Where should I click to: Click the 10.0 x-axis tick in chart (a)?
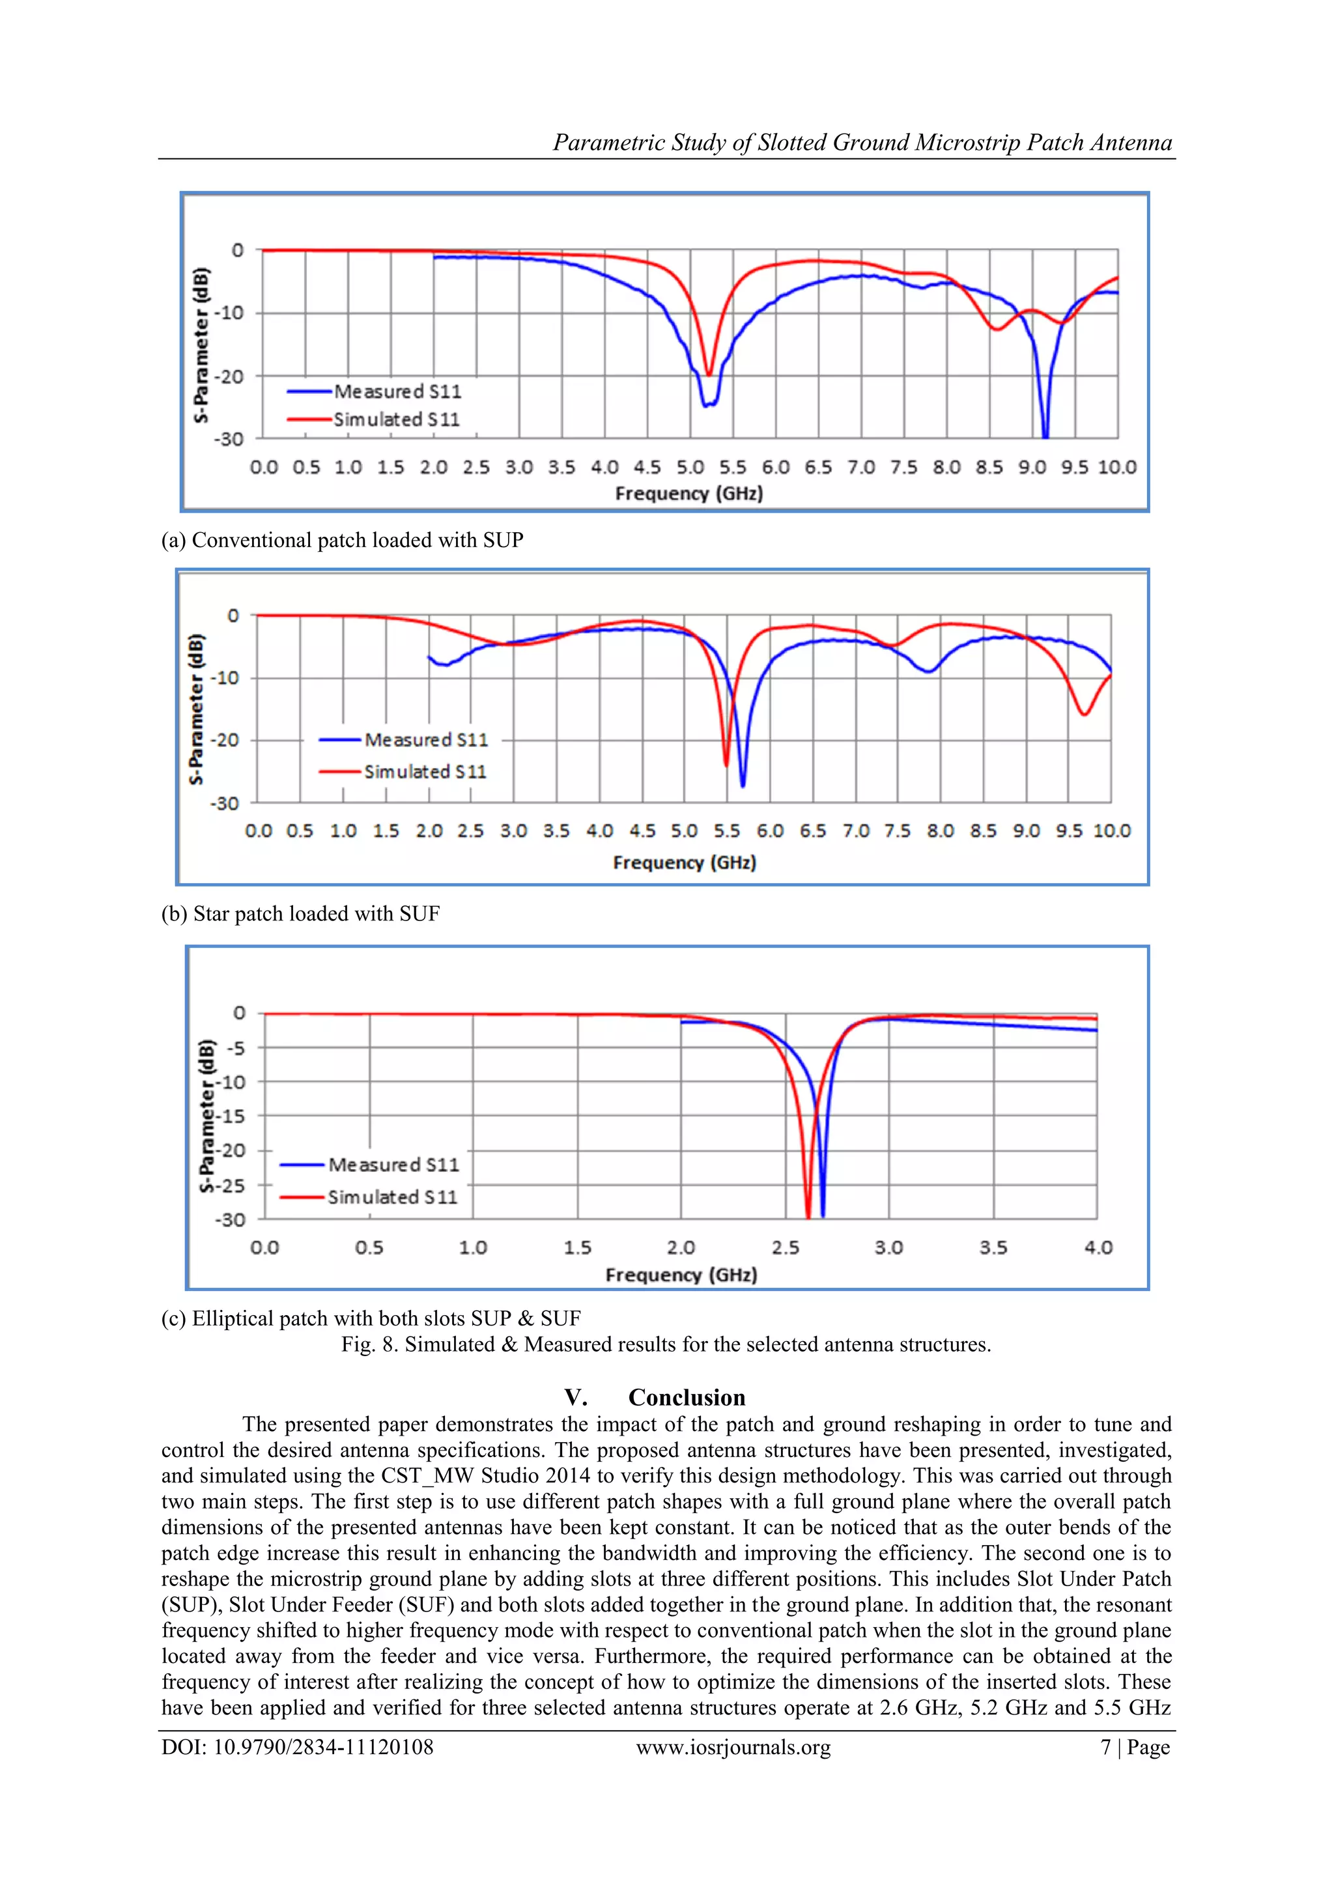(x=1116, y=468)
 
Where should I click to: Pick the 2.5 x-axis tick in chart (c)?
(x=785, y=1247)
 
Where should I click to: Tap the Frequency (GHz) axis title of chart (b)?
(x=684, y=862)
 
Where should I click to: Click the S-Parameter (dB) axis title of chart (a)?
(x=201, y=345)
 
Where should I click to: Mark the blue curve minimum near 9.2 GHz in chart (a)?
(x=1045, y=436)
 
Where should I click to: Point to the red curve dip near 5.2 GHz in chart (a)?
(x=709, y=375)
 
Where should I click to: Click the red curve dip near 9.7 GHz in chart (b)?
(x=1084, y=714)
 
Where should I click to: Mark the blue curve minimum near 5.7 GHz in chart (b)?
(x=743, y=786)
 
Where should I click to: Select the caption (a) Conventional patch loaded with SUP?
(x=342, y=540)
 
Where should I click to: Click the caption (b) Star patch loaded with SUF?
(x=300, y=913)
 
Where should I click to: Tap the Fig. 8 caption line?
(x=666, y=1344)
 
